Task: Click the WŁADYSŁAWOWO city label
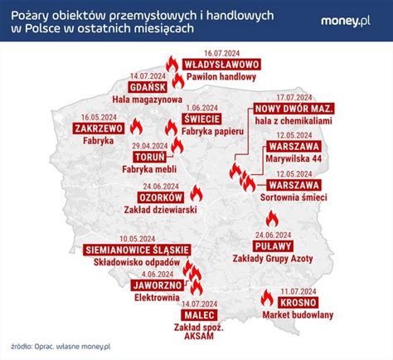tap(222, 64)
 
